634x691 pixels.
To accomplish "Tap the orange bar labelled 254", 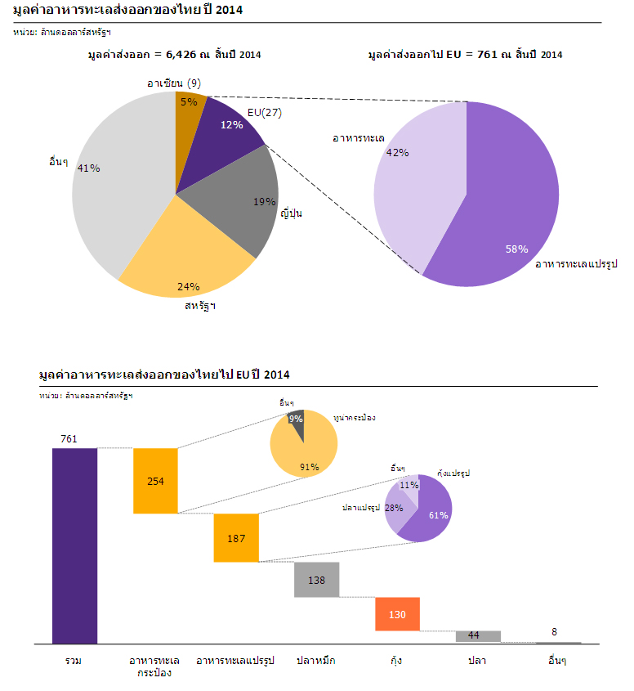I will (155, 481).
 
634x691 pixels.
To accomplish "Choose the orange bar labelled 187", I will (236, 537).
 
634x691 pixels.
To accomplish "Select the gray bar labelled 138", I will (317, 580).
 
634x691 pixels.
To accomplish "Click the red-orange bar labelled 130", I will (397, 614).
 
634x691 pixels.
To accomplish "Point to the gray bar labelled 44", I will (478, 636).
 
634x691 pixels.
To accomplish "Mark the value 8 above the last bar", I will (555, 631).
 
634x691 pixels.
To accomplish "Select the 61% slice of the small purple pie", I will (433, 511).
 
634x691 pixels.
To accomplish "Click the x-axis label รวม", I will (74, 660).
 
